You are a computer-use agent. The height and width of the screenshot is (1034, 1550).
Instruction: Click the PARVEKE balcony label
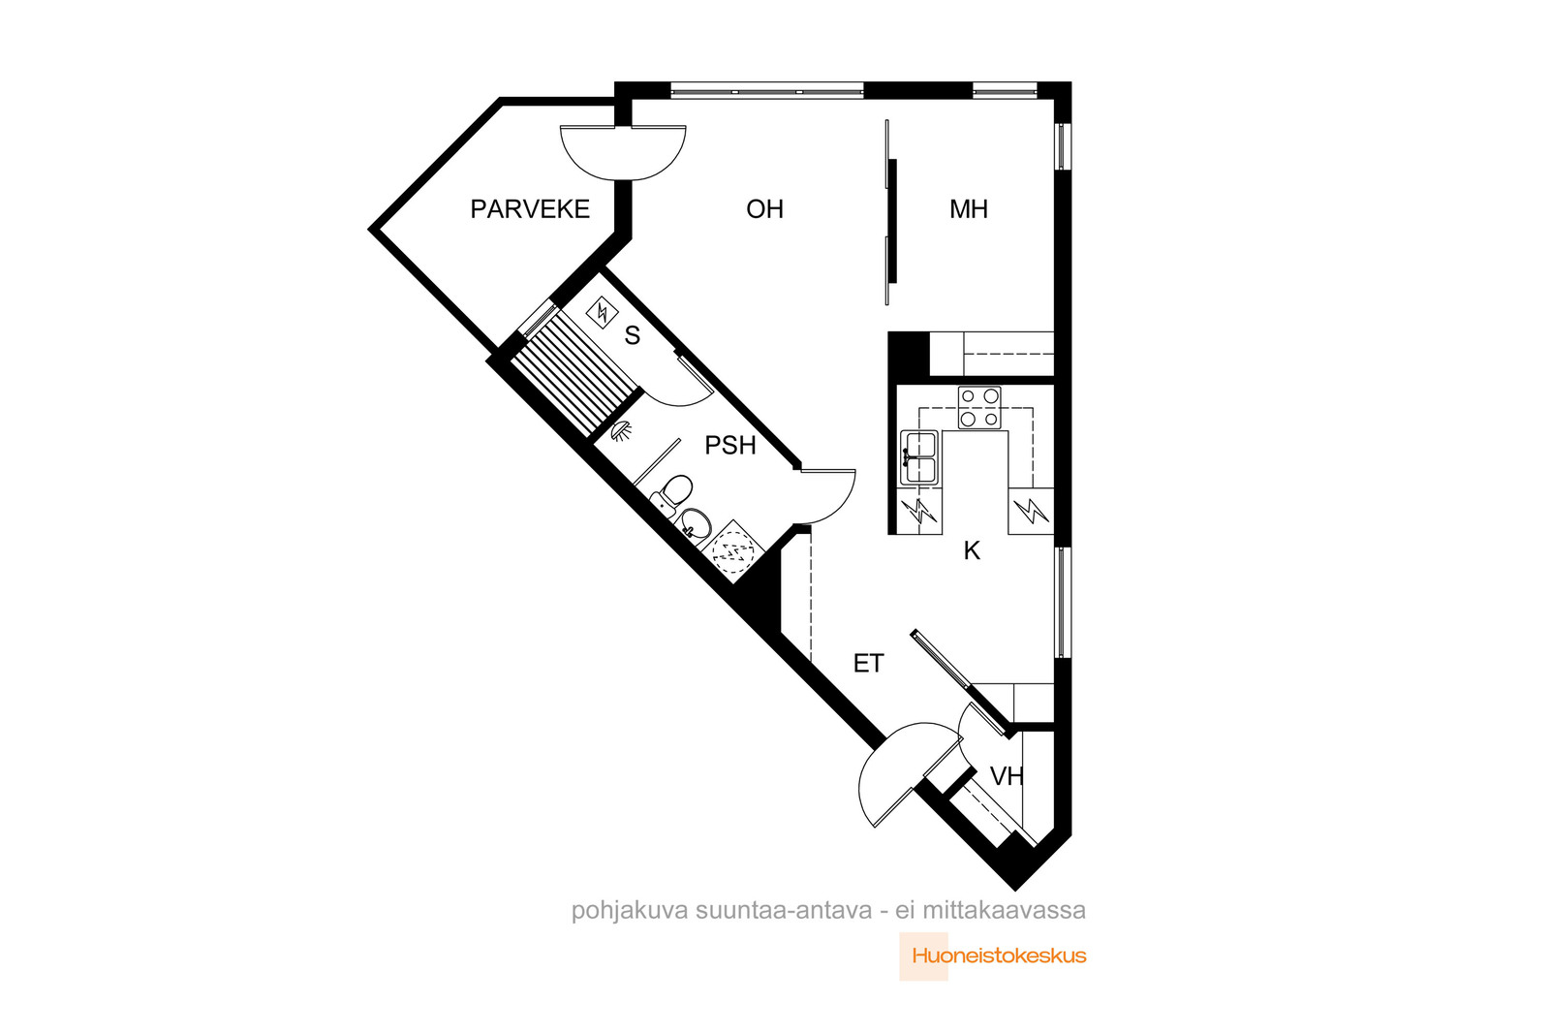pos(530,209)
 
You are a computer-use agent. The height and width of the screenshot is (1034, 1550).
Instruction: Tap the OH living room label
pos(764,209)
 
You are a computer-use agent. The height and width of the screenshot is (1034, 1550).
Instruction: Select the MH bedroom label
pos(968,209)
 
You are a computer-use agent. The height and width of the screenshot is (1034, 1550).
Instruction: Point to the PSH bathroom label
pos(730,445)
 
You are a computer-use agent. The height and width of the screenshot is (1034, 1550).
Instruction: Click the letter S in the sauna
pos(633,335)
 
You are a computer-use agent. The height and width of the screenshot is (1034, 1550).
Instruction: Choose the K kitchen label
pos(973,550)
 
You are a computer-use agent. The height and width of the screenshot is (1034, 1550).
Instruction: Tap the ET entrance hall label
pos(868,664)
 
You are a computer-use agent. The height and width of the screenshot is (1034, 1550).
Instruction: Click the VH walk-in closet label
pos(1007,776)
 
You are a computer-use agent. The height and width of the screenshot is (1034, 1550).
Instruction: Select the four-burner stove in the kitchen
pos(979,408)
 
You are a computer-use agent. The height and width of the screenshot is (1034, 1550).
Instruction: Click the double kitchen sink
pos(919,457)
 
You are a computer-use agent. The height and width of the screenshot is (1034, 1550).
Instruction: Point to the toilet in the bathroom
pos(671,494)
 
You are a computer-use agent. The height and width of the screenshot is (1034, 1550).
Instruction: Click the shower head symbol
pos(622,430)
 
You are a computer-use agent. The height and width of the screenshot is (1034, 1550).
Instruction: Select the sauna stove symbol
pos(602,314)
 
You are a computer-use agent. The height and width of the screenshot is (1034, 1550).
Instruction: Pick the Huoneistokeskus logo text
pos(999,956)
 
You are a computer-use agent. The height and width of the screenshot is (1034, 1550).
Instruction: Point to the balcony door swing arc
pos(624,166)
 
